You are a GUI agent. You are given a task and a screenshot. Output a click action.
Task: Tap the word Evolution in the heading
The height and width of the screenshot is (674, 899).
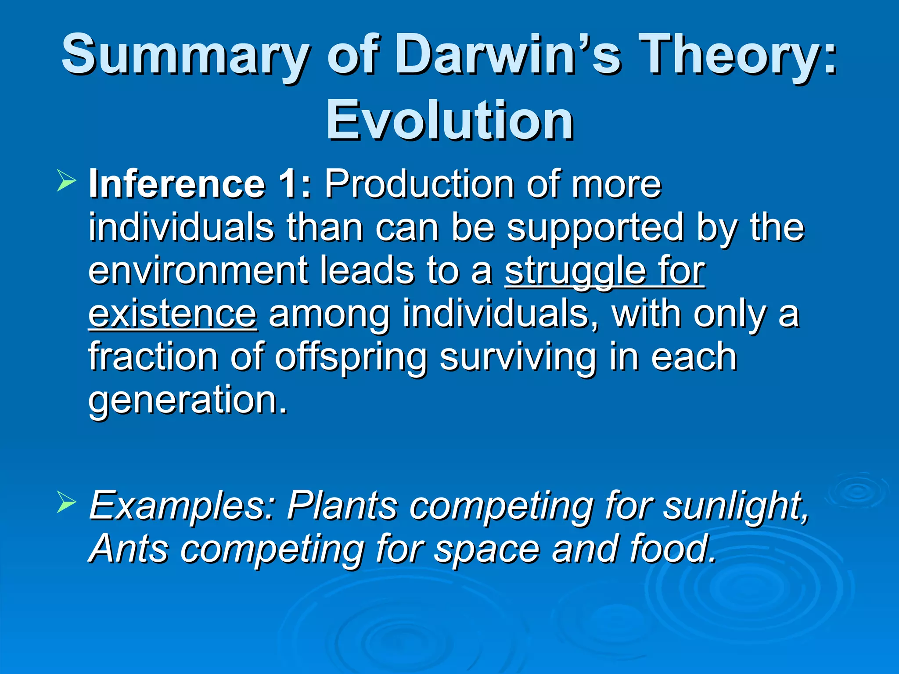point(449,120)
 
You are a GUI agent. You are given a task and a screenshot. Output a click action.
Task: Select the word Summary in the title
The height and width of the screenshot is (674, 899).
point(184,56)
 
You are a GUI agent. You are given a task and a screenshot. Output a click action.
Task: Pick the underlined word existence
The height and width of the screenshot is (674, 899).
point(173,314)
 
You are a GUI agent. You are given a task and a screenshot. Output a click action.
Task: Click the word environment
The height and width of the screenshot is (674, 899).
point(197,271)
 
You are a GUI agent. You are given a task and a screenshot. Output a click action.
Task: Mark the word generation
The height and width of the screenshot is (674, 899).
point(187,400)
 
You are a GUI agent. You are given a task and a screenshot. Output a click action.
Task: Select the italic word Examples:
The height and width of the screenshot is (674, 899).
point(182,506)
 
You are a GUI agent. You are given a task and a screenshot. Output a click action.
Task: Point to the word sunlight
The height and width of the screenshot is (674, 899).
point(736,506)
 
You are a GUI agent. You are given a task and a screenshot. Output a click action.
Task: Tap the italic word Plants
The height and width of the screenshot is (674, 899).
point(342,506)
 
